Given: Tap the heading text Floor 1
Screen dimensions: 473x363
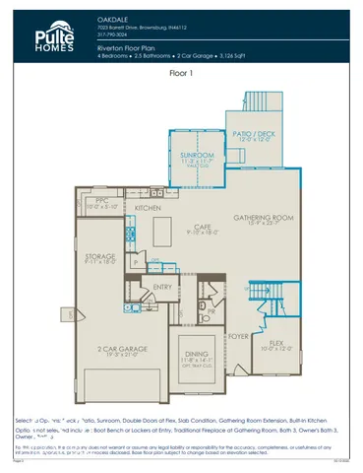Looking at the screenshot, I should [181, 73].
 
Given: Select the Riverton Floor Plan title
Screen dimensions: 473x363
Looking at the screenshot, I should [133, 47].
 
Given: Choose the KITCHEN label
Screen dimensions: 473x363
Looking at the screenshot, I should [149, 209].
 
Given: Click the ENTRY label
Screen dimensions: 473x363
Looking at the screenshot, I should [162, 287].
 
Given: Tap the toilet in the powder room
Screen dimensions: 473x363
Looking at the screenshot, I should [205, 317].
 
